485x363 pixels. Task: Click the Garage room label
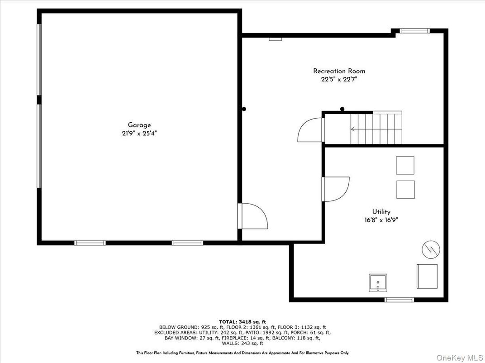point(139,125)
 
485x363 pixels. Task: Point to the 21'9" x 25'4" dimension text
point(139,133)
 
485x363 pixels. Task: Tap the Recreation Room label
point(339,71)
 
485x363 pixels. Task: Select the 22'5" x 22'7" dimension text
point(339,79)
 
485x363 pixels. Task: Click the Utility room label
point(381,211)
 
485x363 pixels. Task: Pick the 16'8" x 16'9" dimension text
point(381,220)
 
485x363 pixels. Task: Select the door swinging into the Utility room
point(336,189)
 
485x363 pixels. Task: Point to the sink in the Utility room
point(377,283)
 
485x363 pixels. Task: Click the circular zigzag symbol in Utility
point(431,249)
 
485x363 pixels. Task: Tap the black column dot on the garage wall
point(244,109)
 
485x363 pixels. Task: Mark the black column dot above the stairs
point(342,109)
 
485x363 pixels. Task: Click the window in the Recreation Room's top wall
point(414,31)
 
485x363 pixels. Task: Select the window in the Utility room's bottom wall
point(399,299)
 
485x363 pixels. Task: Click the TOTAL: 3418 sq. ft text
point(242,321)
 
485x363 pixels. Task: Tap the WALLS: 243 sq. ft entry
point(242,343)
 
